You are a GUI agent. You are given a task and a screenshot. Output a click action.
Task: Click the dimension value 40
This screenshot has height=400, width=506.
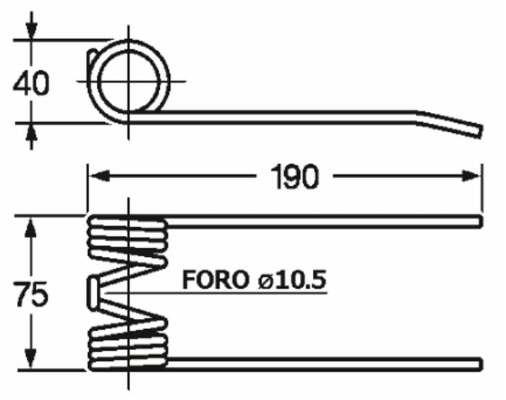coord(31,83)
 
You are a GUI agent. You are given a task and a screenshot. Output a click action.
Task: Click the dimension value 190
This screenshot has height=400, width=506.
coord(295,176)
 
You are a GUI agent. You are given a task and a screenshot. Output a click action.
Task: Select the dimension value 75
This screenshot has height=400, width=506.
coord(31,294)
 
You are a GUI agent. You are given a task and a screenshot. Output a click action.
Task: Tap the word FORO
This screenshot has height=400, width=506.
coord(215,280)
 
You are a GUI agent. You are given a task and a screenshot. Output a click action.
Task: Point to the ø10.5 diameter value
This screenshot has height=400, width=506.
coord(292,280)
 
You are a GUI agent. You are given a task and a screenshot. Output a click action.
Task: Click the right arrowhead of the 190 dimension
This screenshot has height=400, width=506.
coord(471,176)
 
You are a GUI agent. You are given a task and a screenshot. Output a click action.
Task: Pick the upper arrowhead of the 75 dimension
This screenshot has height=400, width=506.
coord(30,228)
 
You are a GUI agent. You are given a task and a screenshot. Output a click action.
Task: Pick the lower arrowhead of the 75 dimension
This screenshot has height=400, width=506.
coord(30,358)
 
